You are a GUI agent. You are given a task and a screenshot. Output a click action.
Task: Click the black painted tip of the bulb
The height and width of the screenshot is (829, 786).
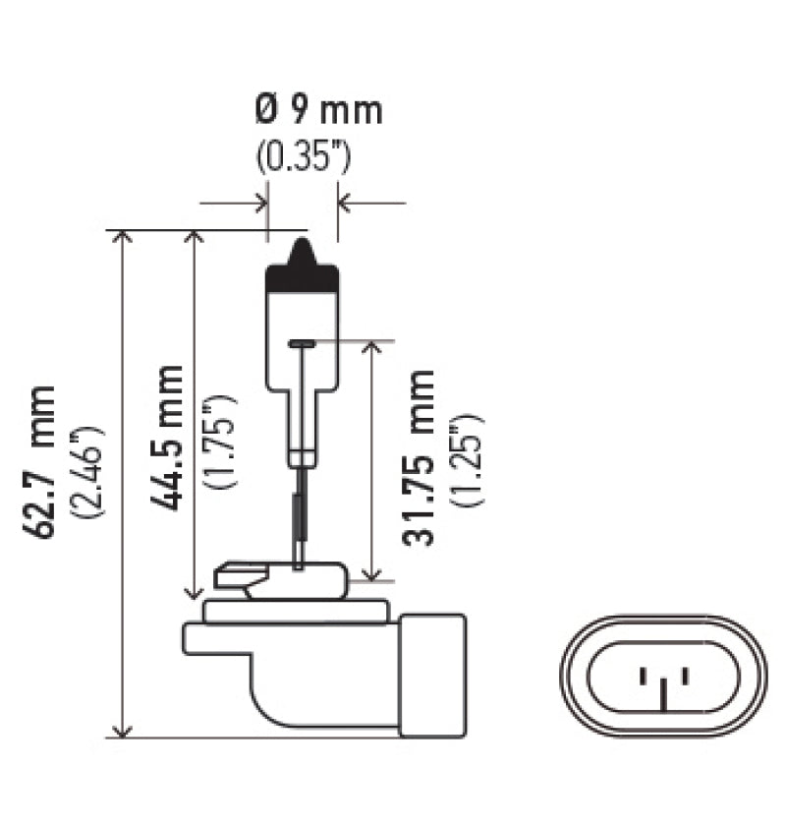pos(303,270)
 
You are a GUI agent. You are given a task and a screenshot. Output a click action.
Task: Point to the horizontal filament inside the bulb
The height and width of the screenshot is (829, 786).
pos(303,343)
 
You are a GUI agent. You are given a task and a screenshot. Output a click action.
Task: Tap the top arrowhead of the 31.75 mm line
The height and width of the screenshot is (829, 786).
pos(372,348)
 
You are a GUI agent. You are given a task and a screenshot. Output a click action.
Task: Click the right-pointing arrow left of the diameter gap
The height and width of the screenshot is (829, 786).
pos(260,204)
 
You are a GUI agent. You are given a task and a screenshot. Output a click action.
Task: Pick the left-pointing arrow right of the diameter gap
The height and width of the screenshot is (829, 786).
pos(345,204)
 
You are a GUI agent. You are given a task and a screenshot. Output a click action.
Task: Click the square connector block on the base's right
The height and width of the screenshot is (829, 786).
pos(432,674)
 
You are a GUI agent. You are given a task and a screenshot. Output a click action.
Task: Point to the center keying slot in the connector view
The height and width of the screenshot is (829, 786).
pos(664,694)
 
